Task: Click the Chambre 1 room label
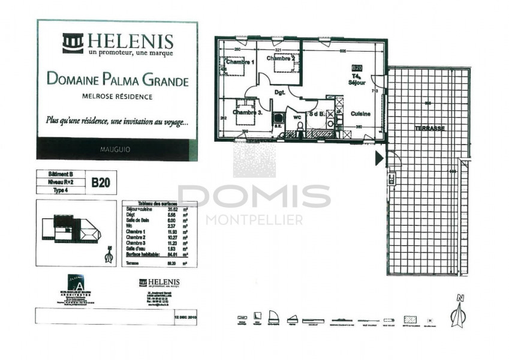tap(240, 62)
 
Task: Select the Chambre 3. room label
tap(248, 112)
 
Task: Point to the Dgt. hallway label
tap(279, 92)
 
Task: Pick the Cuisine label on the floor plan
tap(360, 113)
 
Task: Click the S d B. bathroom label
tap(317, 113)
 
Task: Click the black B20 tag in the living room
tap(357, 68)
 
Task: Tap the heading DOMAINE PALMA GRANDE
tap(118, 80)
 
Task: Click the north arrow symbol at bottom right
tap(459, 311)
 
